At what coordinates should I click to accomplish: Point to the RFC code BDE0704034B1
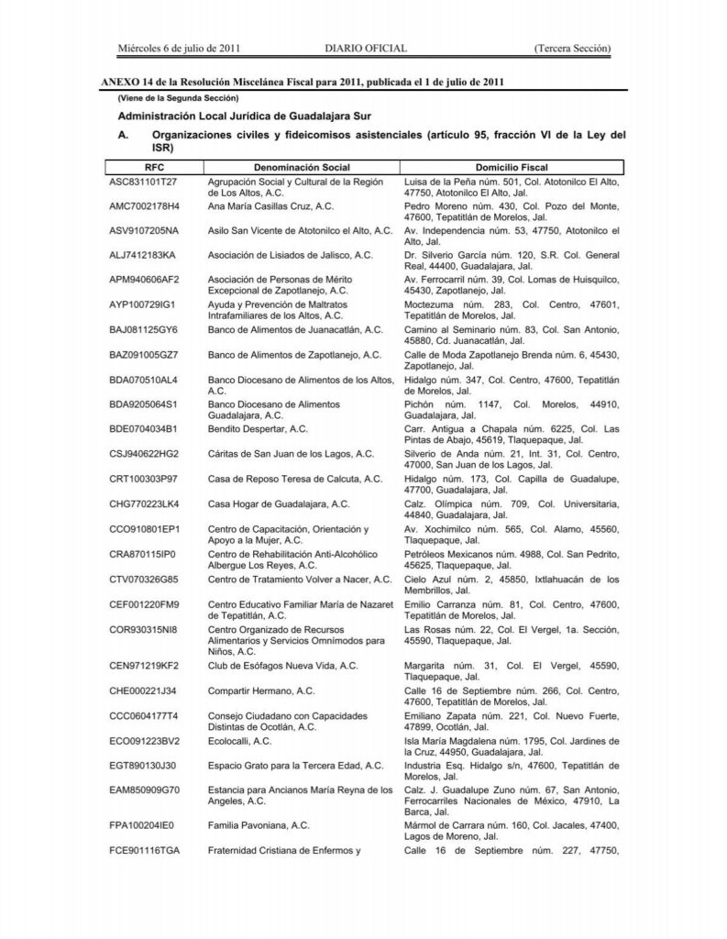coord(144,428)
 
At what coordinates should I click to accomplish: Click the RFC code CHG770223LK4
coord(144,503)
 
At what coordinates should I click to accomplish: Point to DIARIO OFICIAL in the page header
coord(366,48)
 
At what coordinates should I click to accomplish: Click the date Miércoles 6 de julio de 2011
coord(180,48)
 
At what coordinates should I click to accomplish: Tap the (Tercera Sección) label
coord(573,48)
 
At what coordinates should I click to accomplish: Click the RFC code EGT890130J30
coord(143,763)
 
